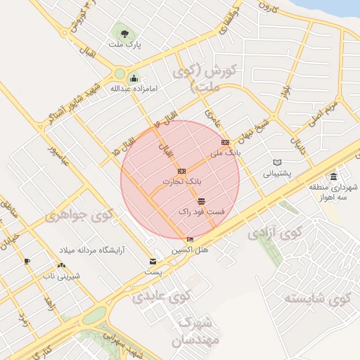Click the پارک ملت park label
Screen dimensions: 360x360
(x=124, y=45)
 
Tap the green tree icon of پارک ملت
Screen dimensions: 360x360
(x=124, y=33)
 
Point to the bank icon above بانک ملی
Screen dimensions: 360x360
(x=225, y=142)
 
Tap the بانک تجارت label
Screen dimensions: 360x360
(x=181, y=181)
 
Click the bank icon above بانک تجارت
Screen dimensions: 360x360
(x=181, y=171)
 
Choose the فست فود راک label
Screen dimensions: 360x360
(x=202, y=211)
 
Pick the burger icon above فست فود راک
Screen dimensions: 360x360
(x=202, y=201)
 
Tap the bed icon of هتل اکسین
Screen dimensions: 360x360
(x=190, y=240)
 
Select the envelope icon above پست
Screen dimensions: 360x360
(x=153, y=262)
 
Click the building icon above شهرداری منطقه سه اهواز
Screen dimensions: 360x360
(x=333, y=176)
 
